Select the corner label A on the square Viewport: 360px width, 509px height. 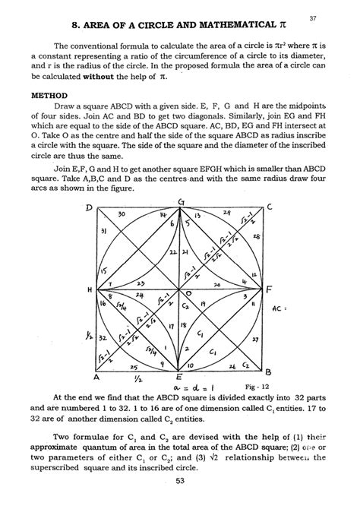(96, 376)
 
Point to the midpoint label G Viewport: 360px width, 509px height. (180, 201)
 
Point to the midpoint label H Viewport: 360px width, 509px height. (90, 290)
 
